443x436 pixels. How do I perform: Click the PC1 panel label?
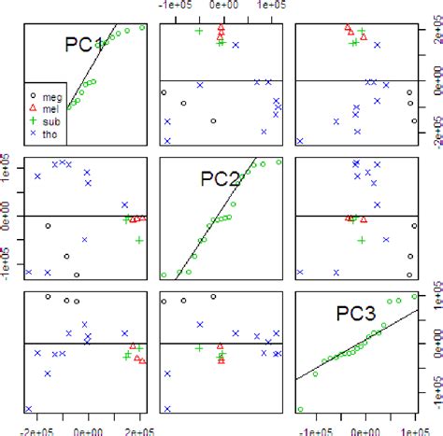point(83,44)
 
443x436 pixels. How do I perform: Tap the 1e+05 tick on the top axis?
point(271,6)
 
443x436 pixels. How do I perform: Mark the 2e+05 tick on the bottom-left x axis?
point(139,429)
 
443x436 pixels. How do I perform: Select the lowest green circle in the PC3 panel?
point(300,409)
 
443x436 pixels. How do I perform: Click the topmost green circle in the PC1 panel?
point(142,27)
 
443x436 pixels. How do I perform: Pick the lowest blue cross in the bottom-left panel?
point(29,409)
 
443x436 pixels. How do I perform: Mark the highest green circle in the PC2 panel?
point(278,162)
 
